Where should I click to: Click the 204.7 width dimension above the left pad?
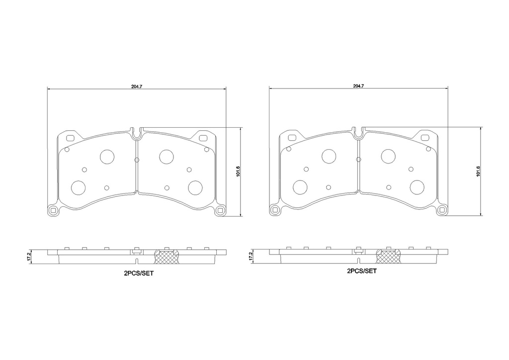point(137,87)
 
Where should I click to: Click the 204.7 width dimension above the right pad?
point(358,87)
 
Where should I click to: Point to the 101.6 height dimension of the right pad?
point(478,172)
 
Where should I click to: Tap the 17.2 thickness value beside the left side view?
point(29,256)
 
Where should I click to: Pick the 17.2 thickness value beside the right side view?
point(250,256)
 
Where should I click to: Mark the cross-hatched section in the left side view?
point(167,257)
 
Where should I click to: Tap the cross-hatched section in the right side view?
point(389,257)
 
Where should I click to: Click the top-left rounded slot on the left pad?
point(70,138)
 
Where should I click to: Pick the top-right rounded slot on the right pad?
point(425,138)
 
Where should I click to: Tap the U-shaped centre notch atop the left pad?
point(137,132)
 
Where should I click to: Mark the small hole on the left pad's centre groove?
point(137,160)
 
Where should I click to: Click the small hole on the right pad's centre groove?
point(358,160)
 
